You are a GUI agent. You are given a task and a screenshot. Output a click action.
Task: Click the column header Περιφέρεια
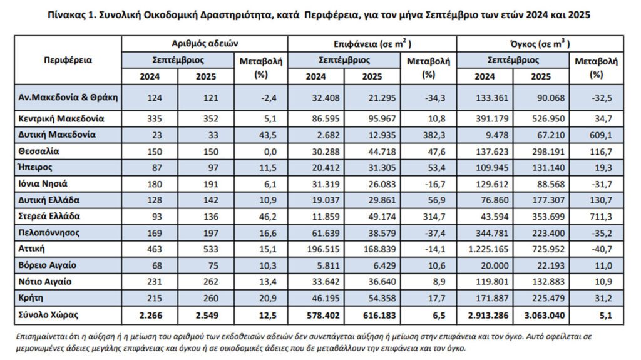pyautogui.click(x=68, y=60)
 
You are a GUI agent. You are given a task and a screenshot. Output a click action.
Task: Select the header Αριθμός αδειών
pyautogui.click(x=205, y=44)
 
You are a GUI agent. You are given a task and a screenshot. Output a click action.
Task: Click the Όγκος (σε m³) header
pyautogui.click(x=540, y=44)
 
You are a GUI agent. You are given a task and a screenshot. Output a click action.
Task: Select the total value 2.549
pyautogui.click(x=206, y=315)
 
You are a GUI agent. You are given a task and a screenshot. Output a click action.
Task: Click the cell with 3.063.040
pyautogui.click(x=540, y=315)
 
